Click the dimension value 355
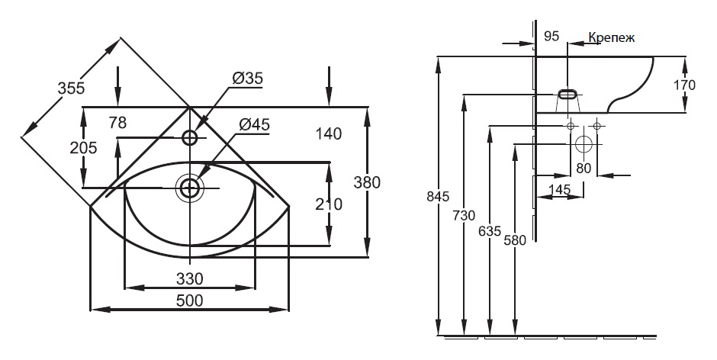click(72, 88)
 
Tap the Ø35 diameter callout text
click(247, 79)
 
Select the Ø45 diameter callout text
click(254, 124)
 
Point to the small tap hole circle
click(189, 137)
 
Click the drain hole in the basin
click(189, 188)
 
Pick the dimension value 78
click(117, 122)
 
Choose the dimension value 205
click(83, 147)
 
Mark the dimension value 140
click(329, 134)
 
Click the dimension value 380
click(367, 182)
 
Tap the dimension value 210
click(329, 204)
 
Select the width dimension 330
click(189, 278)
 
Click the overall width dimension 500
click(189, 301)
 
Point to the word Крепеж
click(611, 37)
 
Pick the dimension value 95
click(552, 36)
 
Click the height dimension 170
click(685, 85)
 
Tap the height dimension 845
click(438, 197)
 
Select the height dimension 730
click(464, 215)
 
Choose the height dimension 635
click(490, 231)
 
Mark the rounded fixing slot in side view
click(567, 95)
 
